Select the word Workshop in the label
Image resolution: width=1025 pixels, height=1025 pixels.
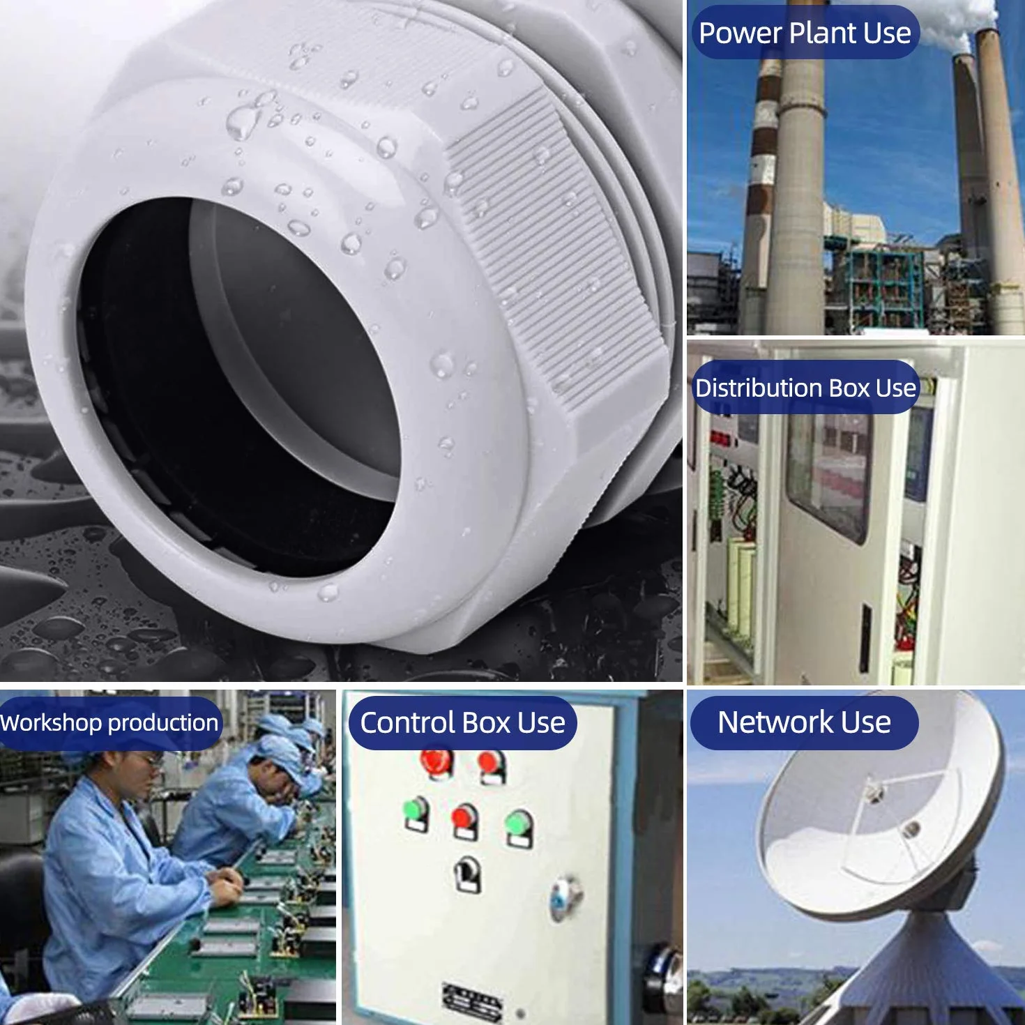click(51, 723)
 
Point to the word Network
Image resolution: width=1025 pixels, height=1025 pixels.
click(775, 722)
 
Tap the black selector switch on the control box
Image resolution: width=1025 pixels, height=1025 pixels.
click(468, 874)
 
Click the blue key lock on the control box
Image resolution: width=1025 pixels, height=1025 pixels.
click(564, 898)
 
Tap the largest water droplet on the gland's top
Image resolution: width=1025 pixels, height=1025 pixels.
click(243, 120)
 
